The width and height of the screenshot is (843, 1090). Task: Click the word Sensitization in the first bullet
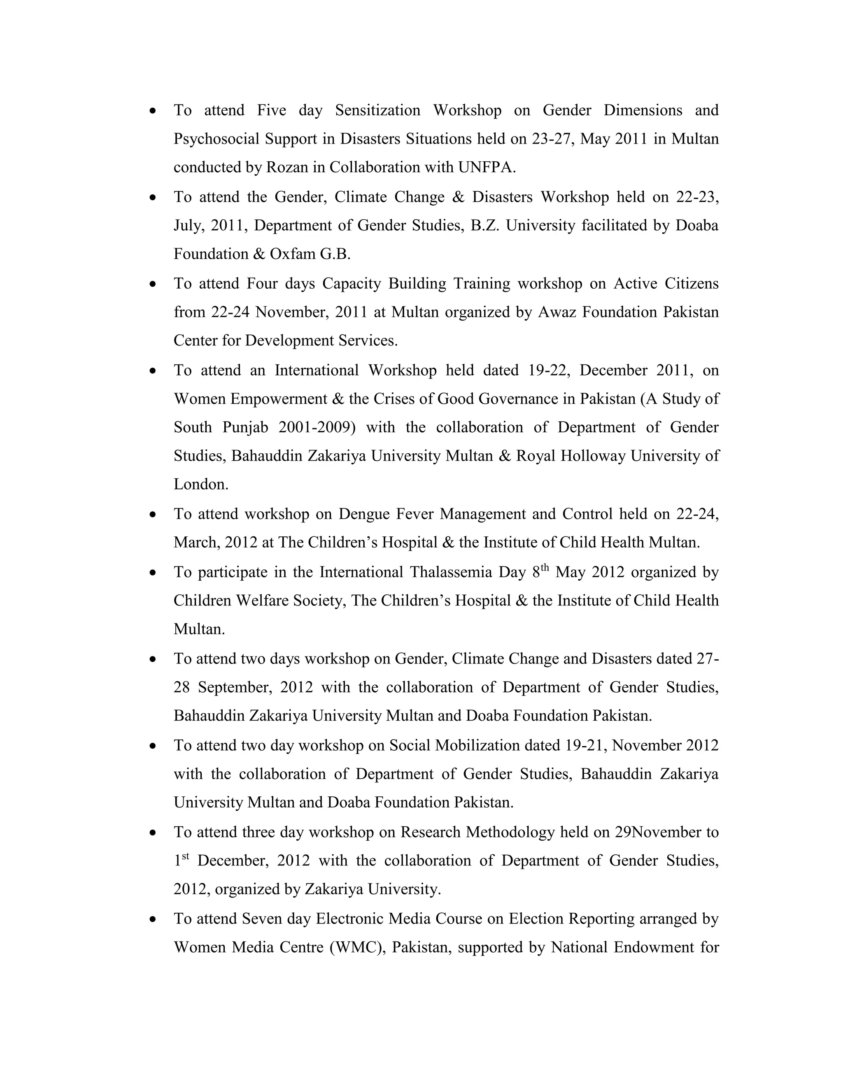pyautogui.click(x=377, y=110)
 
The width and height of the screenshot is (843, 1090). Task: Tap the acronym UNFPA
pyautogui.click(x=487, y=167)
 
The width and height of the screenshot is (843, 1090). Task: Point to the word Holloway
pyautogui.click(x=593, y=456)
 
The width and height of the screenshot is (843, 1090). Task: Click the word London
pyautogui.click(x=201, y=484)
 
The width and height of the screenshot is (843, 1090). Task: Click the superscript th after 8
pyautogui.click(x=545, y=568)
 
